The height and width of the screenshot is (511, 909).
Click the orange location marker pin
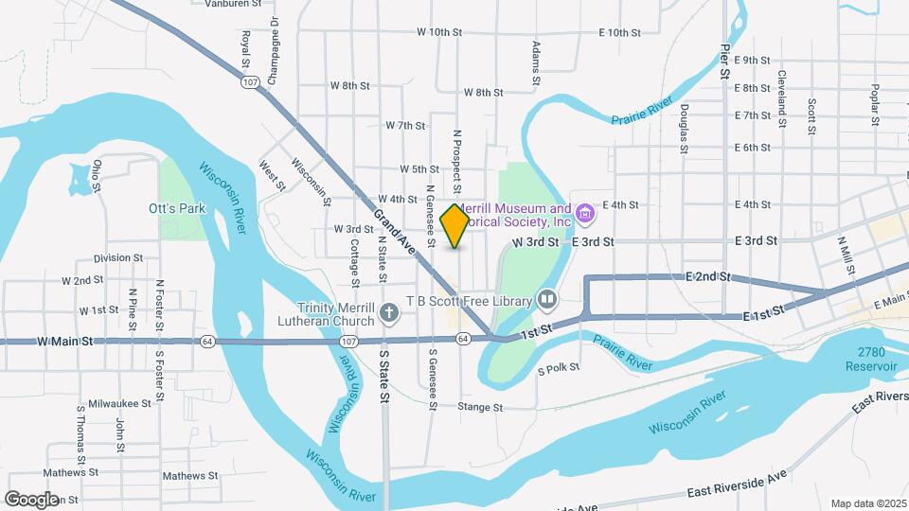[x=455, y=225]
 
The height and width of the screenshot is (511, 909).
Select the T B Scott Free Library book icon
[x=547, y=301]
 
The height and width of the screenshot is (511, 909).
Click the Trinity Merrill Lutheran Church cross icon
[x=388, y=312]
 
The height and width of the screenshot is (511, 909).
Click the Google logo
[x=31, y=499]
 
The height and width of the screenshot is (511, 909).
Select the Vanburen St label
[x=233, y=5]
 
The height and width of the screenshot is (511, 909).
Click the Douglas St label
[x=684, y=129]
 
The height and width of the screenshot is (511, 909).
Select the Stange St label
[x=479, y=407]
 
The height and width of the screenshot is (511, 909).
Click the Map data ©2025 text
[x=868, y=503]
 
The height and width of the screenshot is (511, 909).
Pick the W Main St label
[x=66, y=341]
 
